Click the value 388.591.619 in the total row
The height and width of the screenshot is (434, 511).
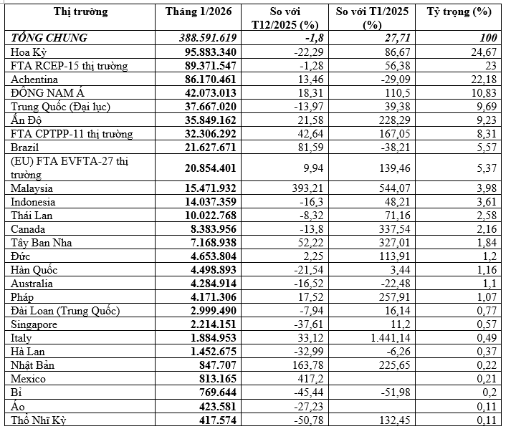coord(207,37)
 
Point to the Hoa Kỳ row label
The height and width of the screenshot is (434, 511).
coord(30,52)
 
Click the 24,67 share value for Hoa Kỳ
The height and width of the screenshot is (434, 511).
coord(483,52)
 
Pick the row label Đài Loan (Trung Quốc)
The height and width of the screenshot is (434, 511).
coord(65,310)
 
